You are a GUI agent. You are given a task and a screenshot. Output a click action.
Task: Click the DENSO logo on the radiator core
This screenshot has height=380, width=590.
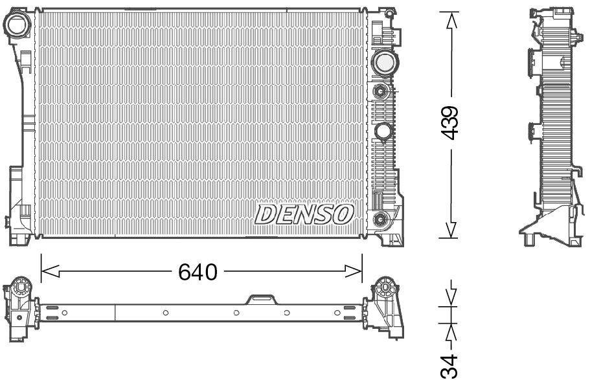304,214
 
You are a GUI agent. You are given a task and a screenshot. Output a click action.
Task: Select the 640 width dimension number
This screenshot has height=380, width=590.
198,272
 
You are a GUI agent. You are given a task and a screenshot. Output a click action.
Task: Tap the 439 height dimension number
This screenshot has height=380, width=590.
449,123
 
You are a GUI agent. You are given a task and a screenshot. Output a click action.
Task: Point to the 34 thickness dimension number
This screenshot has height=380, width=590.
449,364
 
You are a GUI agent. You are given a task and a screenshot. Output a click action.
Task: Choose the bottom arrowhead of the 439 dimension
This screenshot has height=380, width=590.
449,230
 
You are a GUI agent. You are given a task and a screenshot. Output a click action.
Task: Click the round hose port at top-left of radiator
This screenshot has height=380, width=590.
17,24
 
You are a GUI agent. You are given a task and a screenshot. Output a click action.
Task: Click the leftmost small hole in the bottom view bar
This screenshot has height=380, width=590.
65,313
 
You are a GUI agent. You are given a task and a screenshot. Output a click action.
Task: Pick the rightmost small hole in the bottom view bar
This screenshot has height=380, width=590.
337,313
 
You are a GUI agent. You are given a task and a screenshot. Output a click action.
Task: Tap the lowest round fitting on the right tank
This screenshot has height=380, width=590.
381,218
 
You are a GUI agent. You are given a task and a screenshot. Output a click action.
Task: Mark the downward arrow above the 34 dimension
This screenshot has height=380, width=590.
449,295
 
